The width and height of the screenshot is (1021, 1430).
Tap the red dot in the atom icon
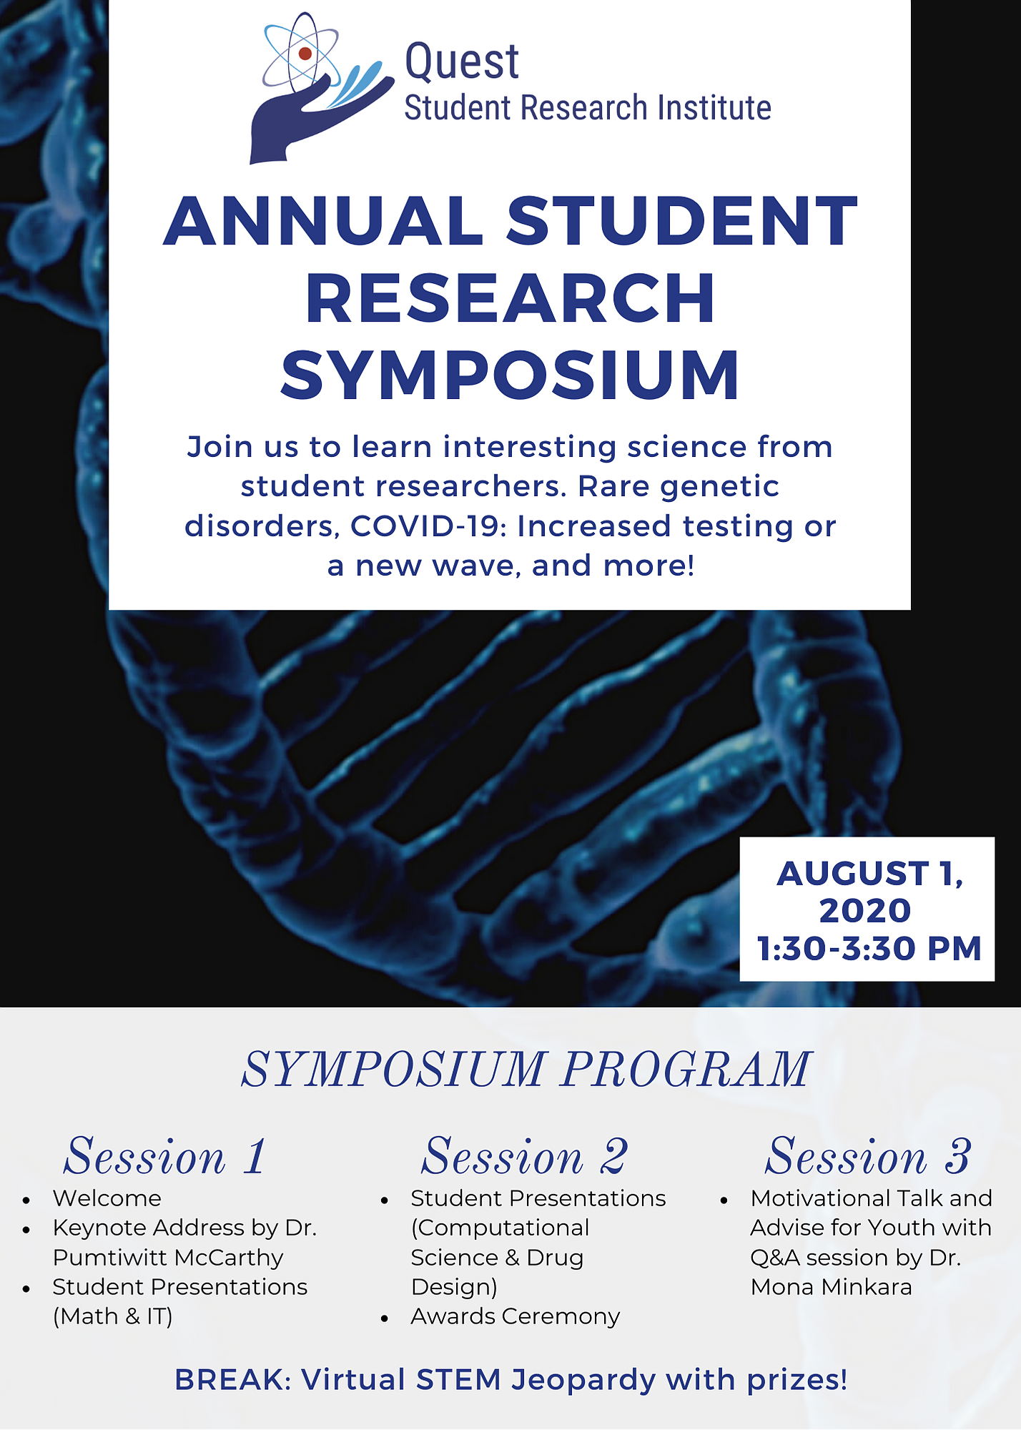(305, 53)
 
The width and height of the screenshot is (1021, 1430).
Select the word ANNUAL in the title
(323, 221)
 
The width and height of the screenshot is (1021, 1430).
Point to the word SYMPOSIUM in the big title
(510, 375)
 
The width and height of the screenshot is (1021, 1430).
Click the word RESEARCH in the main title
(510, 298)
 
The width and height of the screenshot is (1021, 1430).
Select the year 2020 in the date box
(865, 911)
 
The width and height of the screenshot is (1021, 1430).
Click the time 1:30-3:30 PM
(869, 949)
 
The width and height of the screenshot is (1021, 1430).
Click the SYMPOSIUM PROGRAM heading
(526, 1070)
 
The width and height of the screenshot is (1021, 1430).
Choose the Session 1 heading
(165, 1156)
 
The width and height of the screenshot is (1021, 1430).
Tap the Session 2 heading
(525, 1156)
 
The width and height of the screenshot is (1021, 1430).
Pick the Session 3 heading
(869, 1156)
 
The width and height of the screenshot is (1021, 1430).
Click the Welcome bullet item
(107, 1198)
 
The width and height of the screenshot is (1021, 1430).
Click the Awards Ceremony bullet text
(516, 1316)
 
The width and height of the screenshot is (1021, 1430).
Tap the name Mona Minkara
(831, 1287)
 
